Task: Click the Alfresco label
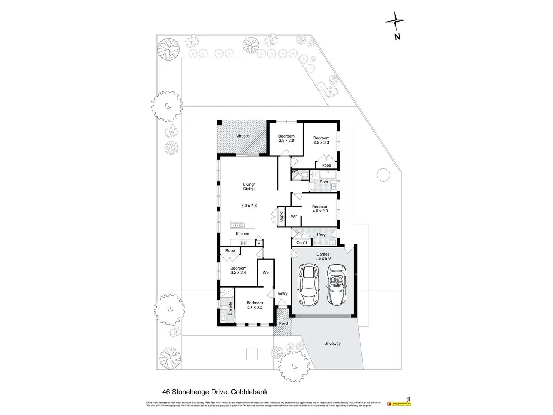click(x=242, y=136)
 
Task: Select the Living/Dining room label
click(x=249, y=186)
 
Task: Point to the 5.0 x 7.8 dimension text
click(x=249, y=206)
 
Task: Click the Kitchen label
click(x=242, y=234)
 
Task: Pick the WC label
click(x=295, y=172)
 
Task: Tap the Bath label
click(x=324, y=182)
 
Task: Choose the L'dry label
click(x=321, y=235)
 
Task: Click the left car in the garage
click(x=309, y=285)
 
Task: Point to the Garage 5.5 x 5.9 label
click(x=323, y=256)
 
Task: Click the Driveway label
click(x=332, y=343)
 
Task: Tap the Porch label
click(x=284, y=323)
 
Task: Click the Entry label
click(x=283, y=294)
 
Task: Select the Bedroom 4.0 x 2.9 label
click(x=320, y=209)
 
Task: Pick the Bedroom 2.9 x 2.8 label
click(x=286, y=138)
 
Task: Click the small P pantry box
click(x=259, y=244)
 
